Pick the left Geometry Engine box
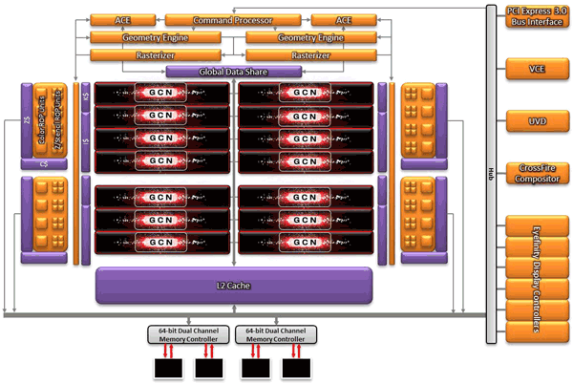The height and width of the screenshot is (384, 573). pos(153,37)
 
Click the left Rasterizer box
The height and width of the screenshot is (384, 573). pos(153,55)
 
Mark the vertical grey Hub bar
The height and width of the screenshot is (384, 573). pos(490,172)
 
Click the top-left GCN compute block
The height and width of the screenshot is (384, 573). pos(162,92)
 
